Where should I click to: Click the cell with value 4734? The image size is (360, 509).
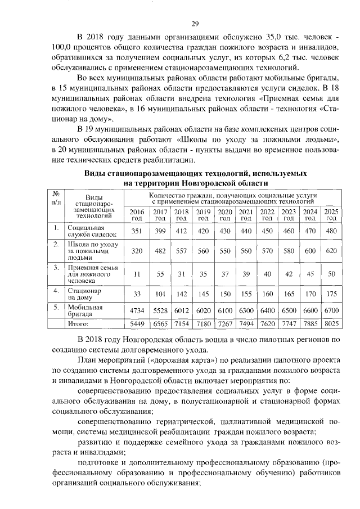coord(137,310)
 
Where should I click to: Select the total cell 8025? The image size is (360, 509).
coord(331,324)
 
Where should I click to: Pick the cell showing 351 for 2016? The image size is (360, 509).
coord(137,231)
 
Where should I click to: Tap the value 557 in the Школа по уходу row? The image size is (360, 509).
coord(181,251)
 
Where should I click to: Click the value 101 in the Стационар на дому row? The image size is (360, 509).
coord(160,294)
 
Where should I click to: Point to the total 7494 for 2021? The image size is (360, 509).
coord(246,324)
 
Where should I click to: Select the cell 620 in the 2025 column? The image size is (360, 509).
coord(331,251)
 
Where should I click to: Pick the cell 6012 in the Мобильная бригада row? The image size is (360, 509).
coord(181,310)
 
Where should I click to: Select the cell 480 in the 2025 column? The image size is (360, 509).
coord(331,231)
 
